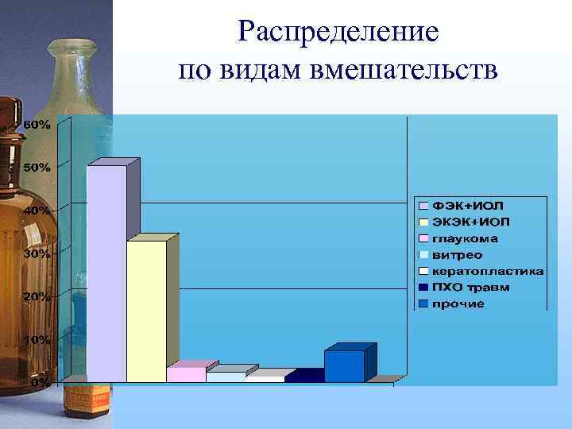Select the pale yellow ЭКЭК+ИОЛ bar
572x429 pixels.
(146, 311)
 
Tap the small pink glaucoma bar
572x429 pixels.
(186, 373)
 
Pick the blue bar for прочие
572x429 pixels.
(344, 365)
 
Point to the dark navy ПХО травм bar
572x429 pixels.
(304, 376)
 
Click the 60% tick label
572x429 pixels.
(38, 125)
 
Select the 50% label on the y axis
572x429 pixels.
(38, 168)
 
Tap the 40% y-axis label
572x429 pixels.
(38, 211)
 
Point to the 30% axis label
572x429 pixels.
(38, 253)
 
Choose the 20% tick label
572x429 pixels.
(38, 296)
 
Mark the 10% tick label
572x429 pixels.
(38, 339)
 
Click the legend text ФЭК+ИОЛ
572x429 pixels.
(469, 206)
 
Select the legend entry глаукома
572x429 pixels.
(466, 238)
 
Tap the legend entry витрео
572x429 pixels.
(458, 255)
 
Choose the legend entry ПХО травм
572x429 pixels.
(471, 287)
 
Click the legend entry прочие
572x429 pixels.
(458, 303)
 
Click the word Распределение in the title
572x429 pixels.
(338, 31)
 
